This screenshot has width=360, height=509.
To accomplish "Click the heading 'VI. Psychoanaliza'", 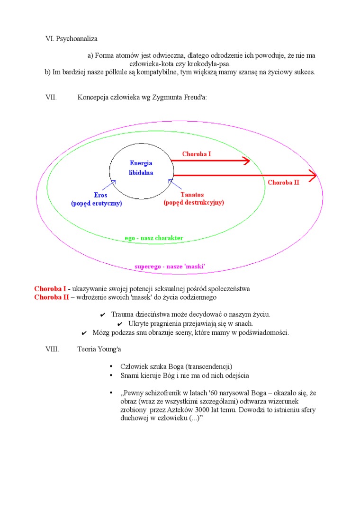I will click(x=71, y=39).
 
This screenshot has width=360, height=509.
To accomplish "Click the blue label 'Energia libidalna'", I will click(x=141, y=168).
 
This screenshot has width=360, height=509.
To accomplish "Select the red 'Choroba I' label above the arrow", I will click(x=197, y=154).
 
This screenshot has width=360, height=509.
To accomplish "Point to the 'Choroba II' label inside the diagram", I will click(x=283, y=182).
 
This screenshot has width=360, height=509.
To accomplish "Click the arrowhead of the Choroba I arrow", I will click(x=247, y=161).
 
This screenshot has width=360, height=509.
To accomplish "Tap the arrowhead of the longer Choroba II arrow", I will click(x=313, y=176).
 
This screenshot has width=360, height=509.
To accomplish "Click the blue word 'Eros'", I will click(x=100, y=195).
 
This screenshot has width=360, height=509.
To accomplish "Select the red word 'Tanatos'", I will click(x=192, y=195).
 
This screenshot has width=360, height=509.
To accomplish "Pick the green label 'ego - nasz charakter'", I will click(x=154, y=238).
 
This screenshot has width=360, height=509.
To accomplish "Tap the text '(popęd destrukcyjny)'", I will click(x=194, y=203).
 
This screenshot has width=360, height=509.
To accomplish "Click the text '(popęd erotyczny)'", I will click(x=97, y=203).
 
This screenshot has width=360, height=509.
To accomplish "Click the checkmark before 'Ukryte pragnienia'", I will click(x=120, y=324).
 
